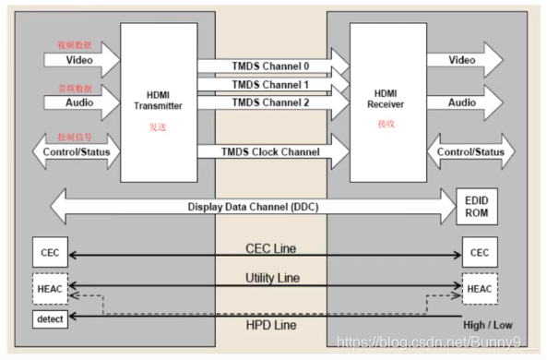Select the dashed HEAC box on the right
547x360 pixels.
478,288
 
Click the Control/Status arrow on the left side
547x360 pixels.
74,151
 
